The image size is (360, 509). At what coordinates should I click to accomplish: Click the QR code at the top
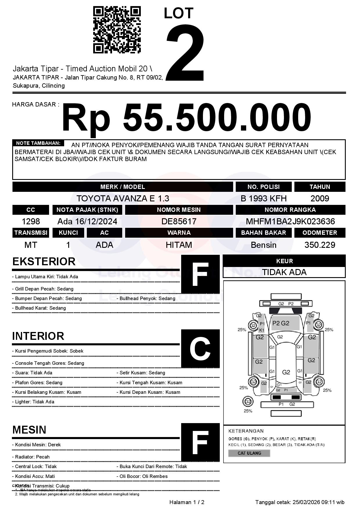[117, 30]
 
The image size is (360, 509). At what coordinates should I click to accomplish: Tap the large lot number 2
[185, 52]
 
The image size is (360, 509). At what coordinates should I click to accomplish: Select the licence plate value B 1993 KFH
[263, 198]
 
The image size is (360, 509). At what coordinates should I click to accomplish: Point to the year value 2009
[320, 198]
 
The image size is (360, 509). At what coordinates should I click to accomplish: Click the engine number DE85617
[179, 221]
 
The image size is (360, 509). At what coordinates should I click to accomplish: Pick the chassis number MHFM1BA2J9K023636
[290, 221]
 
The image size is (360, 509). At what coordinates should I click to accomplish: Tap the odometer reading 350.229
[320, 245]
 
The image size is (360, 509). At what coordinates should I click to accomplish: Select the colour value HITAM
[179, 245]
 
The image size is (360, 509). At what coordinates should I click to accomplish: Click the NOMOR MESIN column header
[179, 210]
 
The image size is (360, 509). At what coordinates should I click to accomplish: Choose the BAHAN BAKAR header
[263, 233]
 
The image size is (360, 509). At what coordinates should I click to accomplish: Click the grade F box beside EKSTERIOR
[200, 274]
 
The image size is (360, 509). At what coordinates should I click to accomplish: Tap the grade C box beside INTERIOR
[200, 349]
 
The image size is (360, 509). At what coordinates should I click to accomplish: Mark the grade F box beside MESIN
[200, 442]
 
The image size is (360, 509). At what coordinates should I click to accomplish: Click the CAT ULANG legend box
[249, 453]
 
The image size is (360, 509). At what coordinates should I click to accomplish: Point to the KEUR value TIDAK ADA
[284, 272]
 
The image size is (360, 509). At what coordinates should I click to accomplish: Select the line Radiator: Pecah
[32, 457]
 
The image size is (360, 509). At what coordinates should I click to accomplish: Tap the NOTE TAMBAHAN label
[38, 143]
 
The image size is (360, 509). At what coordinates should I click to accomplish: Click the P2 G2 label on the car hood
[281, 323]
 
